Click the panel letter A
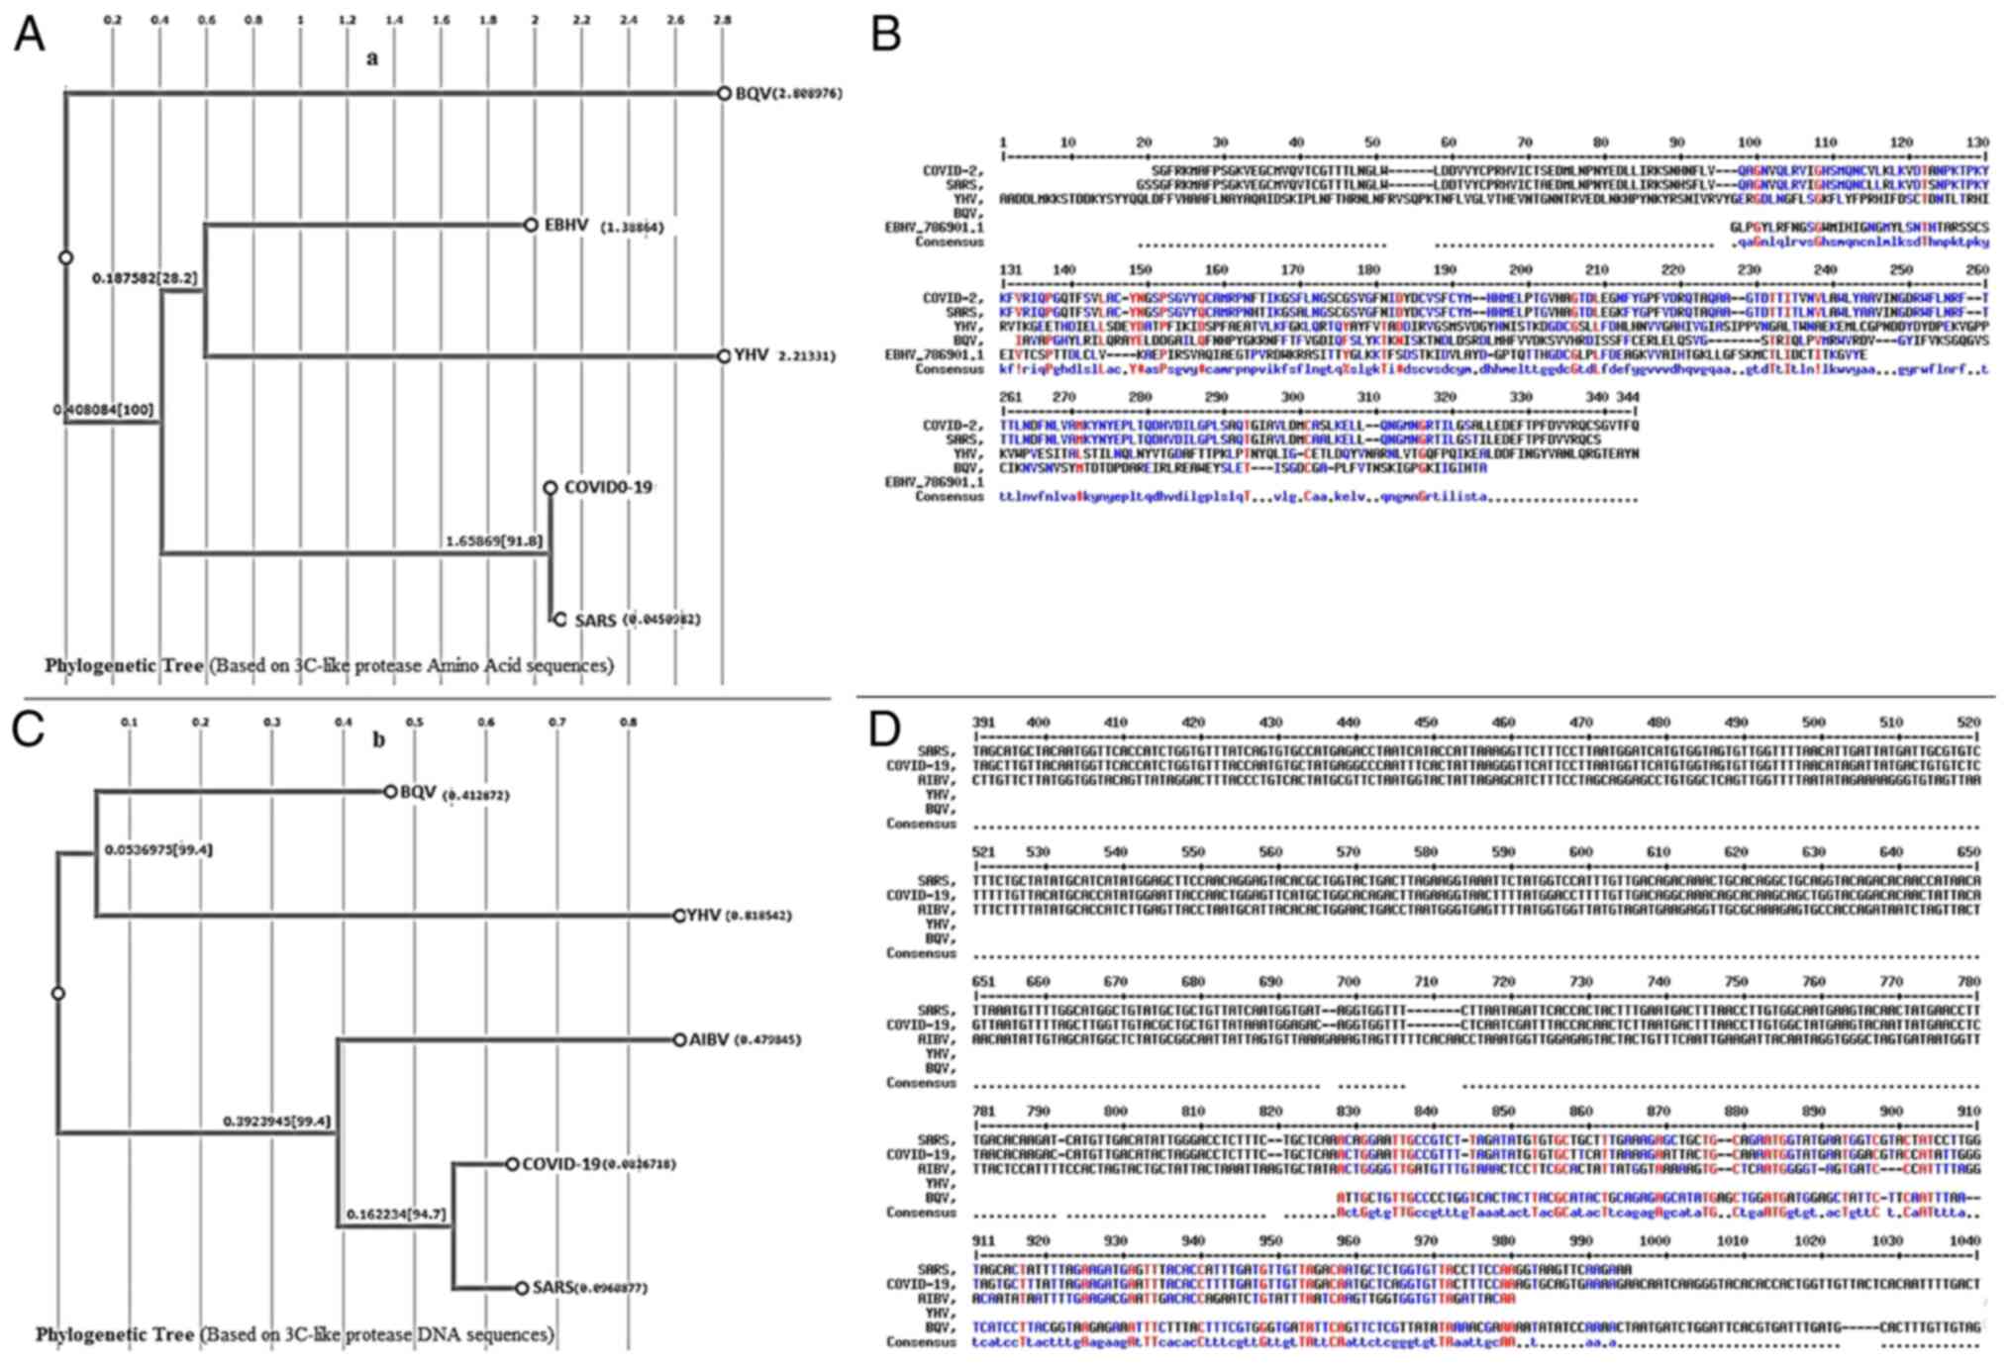point(29,35)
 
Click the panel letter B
point(884,35)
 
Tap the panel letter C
point(29,729)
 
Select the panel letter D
point(884,729)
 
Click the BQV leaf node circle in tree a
point(724,93)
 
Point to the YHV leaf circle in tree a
point(724,356)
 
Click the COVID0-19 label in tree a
point(607,488)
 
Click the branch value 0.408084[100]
point(104,410)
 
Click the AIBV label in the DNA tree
point(709,1040)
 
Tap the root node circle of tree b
point(58,993)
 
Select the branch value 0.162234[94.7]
point(395,1214)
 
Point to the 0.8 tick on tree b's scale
point(629,723)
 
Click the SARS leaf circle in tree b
point(521,1288)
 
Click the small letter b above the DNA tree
point(378,739)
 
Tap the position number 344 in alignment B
point(1628,397)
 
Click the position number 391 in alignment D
point(983,723)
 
